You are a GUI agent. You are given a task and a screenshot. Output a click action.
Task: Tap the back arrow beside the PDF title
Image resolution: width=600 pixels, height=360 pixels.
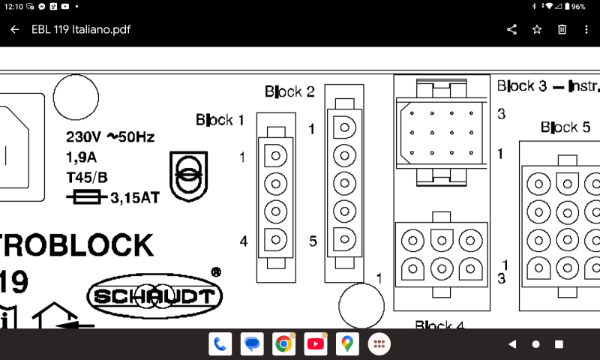click(x=15, y=29)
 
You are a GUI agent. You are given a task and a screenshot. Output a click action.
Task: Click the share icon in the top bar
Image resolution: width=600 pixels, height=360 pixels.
click(x=512, y=29)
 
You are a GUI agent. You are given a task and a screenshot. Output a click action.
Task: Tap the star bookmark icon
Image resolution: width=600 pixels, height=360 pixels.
click(x=537, y=29)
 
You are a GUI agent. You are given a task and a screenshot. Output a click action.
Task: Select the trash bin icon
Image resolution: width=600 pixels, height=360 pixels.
click(x=562, y=29)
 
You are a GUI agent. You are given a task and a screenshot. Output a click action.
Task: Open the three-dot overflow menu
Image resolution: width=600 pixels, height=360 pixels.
click(x=586, y=29)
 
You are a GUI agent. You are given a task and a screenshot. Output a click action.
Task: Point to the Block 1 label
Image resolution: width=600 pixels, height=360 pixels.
click(x=220, y=119)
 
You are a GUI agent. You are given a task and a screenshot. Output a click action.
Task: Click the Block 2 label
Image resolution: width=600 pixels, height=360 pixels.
click(x=289, y=91)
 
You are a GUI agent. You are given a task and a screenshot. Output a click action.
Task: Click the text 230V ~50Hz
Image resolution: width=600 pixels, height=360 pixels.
click(x=110, y=137)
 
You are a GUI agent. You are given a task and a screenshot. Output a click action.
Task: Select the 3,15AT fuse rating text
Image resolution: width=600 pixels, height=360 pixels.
click(x=133, y=199)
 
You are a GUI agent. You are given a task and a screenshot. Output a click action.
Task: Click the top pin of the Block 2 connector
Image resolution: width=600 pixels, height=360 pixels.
click(x=344, y=127)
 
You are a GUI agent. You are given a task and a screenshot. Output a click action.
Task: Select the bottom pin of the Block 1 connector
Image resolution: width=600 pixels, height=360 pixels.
click(x=275, y=240)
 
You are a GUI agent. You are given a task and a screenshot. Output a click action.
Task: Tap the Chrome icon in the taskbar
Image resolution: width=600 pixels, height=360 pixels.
click(x=283, y=344)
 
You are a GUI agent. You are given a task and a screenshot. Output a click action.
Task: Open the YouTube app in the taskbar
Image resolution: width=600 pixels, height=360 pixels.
click(x=316, y=344)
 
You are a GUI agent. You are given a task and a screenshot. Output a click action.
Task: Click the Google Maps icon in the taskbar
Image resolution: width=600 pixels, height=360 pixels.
click(x=346, y=344)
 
